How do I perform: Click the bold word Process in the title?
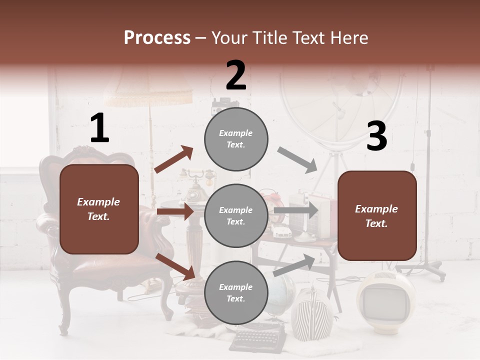[157, 38]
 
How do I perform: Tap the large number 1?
[99, 128]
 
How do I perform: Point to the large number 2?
[236, 75]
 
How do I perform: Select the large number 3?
[376, 136]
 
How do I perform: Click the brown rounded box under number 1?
[99, 209]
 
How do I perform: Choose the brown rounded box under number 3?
[377, 215]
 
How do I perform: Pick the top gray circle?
[236, 139]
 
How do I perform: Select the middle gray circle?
[236, 215]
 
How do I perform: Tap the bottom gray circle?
[236, 292]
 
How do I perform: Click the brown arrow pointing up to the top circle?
[174, 159]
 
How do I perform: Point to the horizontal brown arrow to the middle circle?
[175, 211]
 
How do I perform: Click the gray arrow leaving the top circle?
[297, 160]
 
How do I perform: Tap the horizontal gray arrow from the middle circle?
[296, 210]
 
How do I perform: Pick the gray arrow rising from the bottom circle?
[294, 265]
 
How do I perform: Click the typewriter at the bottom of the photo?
[258, 339]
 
